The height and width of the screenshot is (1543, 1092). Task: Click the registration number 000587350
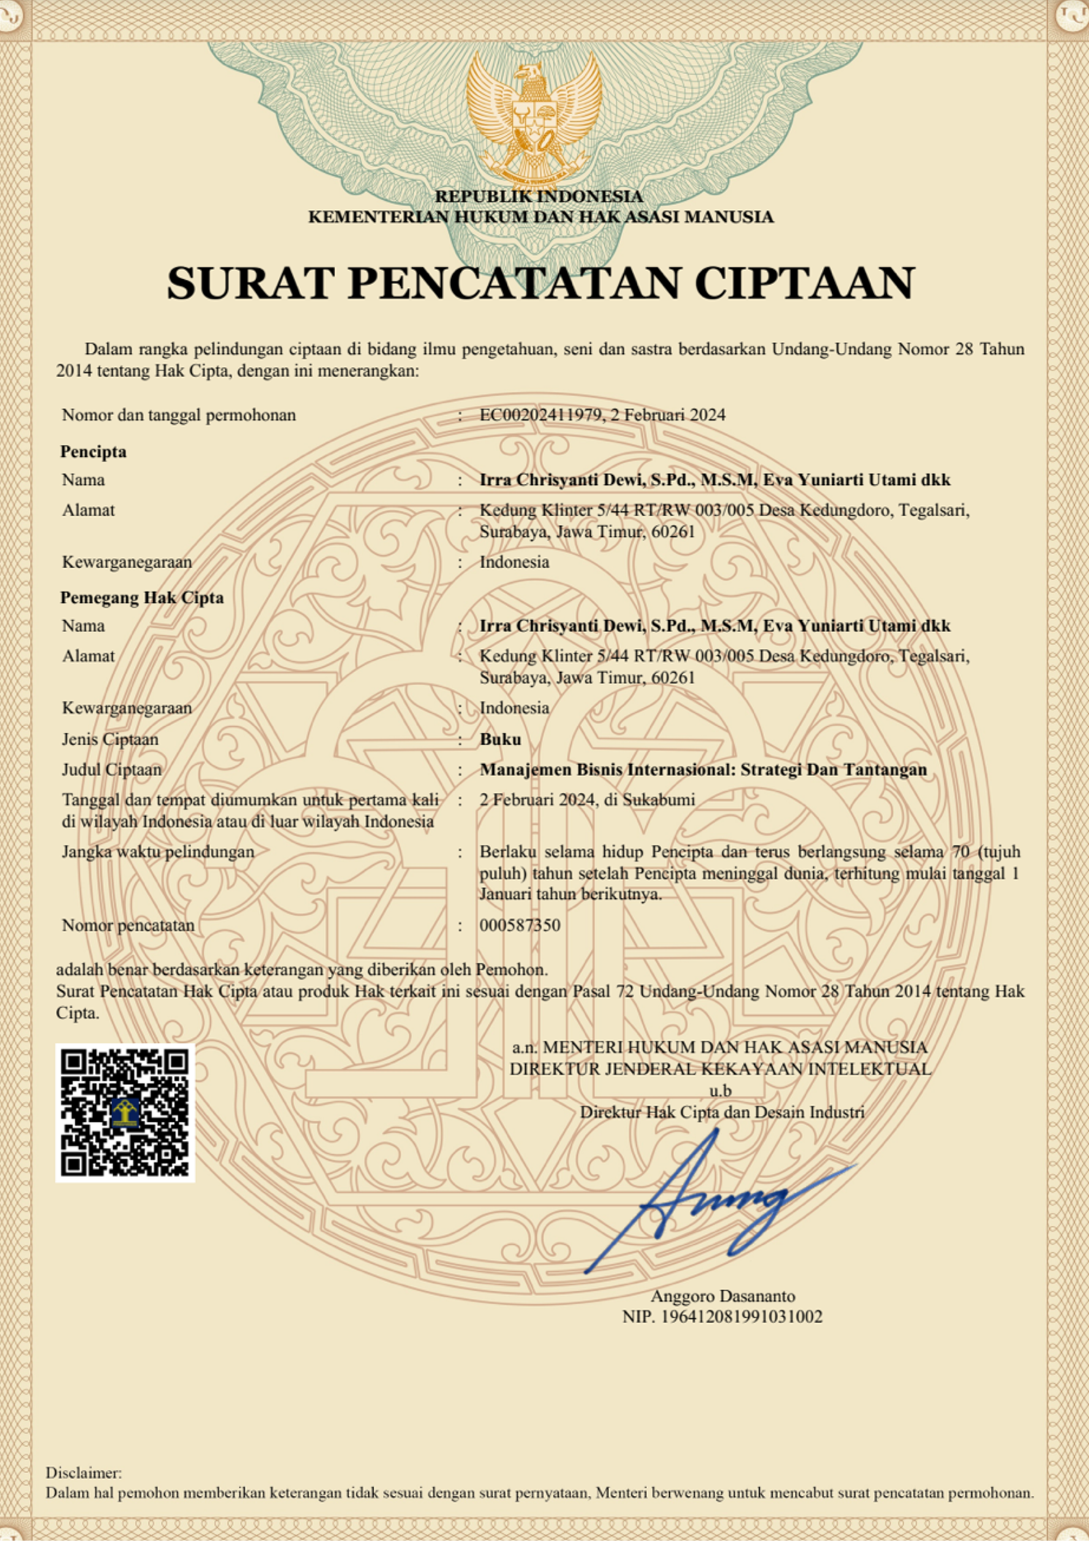[520, 925]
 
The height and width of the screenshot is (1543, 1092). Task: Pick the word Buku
[500, 739]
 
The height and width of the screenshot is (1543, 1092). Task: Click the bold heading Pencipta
[94, 452]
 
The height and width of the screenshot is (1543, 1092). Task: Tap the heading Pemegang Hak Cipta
[142, 598]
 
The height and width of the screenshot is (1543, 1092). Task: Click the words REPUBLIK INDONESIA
[539, 196]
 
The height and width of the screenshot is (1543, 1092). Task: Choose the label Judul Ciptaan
[112, 770]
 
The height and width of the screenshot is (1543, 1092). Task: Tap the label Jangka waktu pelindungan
[158, 852]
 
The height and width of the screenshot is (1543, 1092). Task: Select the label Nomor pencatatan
[129, 925]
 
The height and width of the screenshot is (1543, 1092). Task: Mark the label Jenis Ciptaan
[110, 739]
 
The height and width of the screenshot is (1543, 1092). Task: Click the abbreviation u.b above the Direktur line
[720, 1090]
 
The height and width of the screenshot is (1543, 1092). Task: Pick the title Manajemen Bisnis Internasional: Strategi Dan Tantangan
[703, 770]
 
